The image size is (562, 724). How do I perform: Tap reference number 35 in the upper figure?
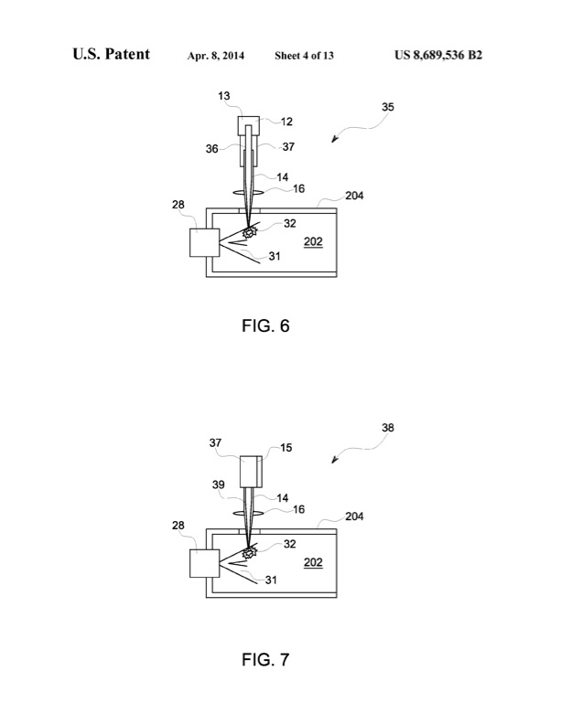click(x=388, y=107)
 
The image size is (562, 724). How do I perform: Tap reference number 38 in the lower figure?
click(x=389, y=427)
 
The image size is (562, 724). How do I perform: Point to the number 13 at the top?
click(x=224, y=95)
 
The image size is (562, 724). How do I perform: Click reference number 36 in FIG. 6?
click(x=211, y=148)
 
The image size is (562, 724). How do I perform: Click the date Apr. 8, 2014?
click(x=218, y=56)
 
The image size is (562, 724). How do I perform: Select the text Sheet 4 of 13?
click(x=304, y=56)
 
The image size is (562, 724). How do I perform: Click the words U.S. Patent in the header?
click(x=112, y=56)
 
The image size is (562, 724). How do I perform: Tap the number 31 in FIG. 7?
click(x=271, y=580)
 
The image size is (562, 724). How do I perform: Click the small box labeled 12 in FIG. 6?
click(x=250, y=125)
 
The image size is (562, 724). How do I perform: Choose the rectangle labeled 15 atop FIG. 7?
click(x=251, y=472)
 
